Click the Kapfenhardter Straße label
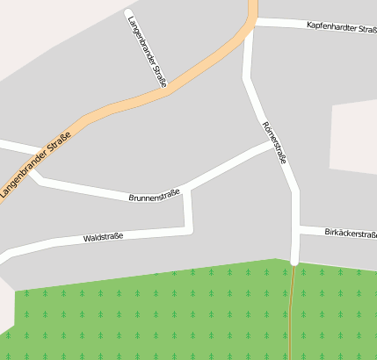[341, 25]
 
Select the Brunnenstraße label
[154, 195]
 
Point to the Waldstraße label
[103, 237]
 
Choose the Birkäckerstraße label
[350, 234]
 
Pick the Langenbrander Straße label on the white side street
[147, 51]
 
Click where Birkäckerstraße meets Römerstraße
[295, 230]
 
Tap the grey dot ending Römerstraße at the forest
[294, 262]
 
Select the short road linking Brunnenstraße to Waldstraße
[187, 209]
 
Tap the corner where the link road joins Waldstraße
[189, 229]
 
